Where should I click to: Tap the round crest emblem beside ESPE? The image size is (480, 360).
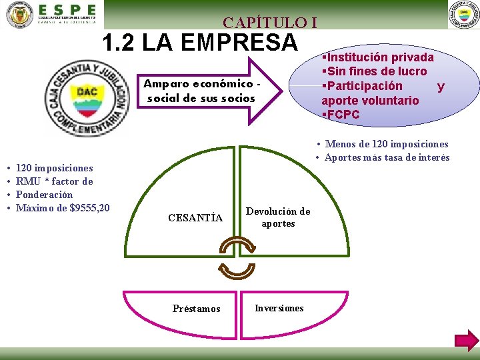19,15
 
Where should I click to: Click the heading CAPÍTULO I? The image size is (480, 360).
269,22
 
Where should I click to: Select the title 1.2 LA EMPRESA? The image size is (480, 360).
199,43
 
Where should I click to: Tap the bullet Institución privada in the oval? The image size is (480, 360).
378,57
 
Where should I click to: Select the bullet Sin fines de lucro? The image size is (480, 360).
375,71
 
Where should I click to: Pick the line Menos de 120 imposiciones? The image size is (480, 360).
386,144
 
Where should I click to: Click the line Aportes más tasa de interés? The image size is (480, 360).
387,157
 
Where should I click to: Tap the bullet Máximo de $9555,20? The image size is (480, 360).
63,208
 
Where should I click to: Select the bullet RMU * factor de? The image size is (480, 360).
54,181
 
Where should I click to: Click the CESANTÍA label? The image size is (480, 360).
195,218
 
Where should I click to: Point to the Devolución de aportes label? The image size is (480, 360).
278,217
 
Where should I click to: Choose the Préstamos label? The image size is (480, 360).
196,309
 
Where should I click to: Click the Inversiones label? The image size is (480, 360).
279,308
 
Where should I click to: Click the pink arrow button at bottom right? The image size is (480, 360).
467,340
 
